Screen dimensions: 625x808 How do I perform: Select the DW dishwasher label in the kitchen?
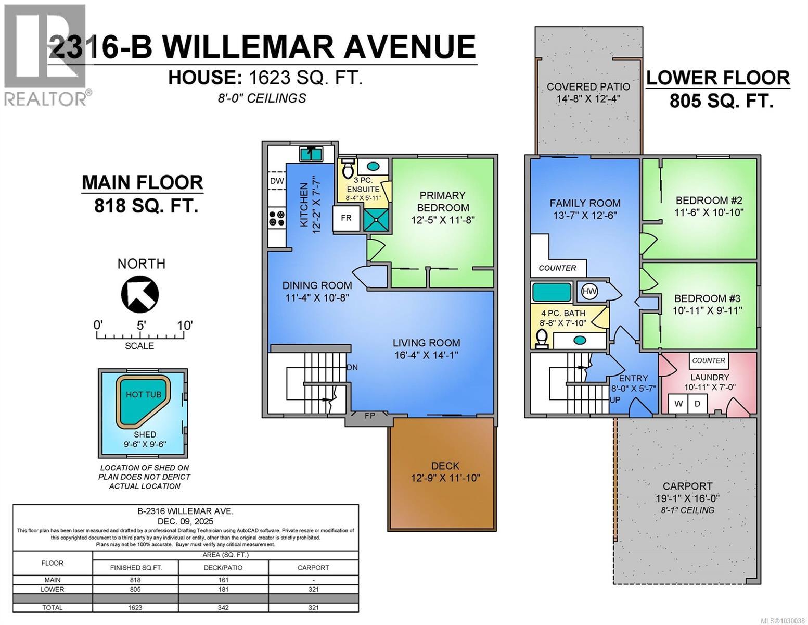pos(276,181)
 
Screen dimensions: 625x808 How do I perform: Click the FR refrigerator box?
pos(346,218)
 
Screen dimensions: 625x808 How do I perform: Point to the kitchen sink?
pos(311,154)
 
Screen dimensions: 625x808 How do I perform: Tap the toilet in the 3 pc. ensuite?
pos(347,169)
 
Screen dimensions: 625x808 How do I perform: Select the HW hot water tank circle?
pos(589,291)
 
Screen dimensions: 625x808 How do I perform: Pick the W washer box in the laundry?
pos(678,403)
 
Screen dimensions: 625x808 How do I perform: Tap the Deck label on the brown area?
pos(445,466)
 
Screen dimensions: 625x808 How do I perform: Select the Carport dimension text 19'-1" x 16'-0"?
pos(687,498)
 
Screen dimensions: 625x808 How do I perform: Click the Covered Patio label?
pos(588,87)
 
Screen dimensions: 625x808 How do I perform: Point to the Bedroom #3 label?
pos(707,298)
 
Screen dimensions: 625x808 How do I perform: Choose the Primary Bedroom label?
pos(442,202)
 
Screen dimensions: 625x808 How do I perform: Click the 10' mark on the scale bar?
pos(185,326)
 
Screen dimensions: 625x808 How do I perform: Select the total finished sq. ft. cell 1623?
pos(135,607)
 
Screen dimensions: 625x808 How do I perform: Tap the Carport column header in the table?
pos(313,568)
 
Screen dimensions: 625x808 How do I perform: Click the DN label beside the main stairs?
pos(352,367)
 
